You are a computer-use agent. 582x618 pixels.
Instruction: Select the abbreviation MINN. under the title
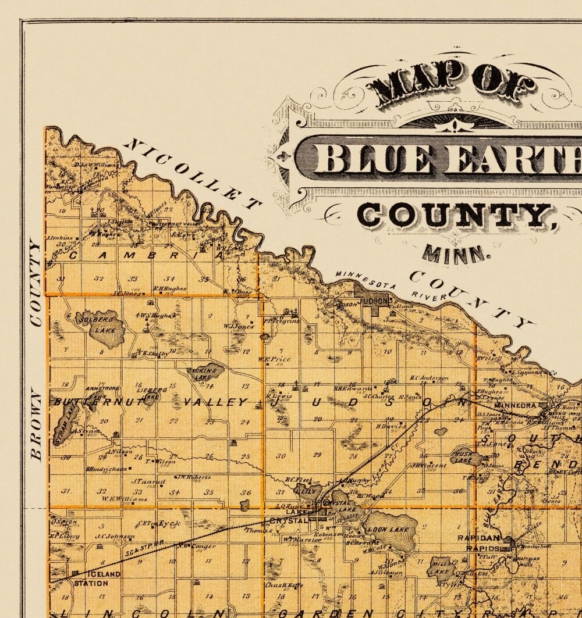pos(454,253)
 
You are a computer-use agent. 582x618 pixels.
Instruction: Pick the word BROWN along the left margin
pos(37,424)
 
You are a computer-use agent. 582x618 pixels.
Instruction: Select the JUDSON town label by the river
pos(375,302)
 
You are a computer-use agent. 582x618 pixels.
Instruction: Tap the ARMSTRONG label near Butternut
pos(102,387)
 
